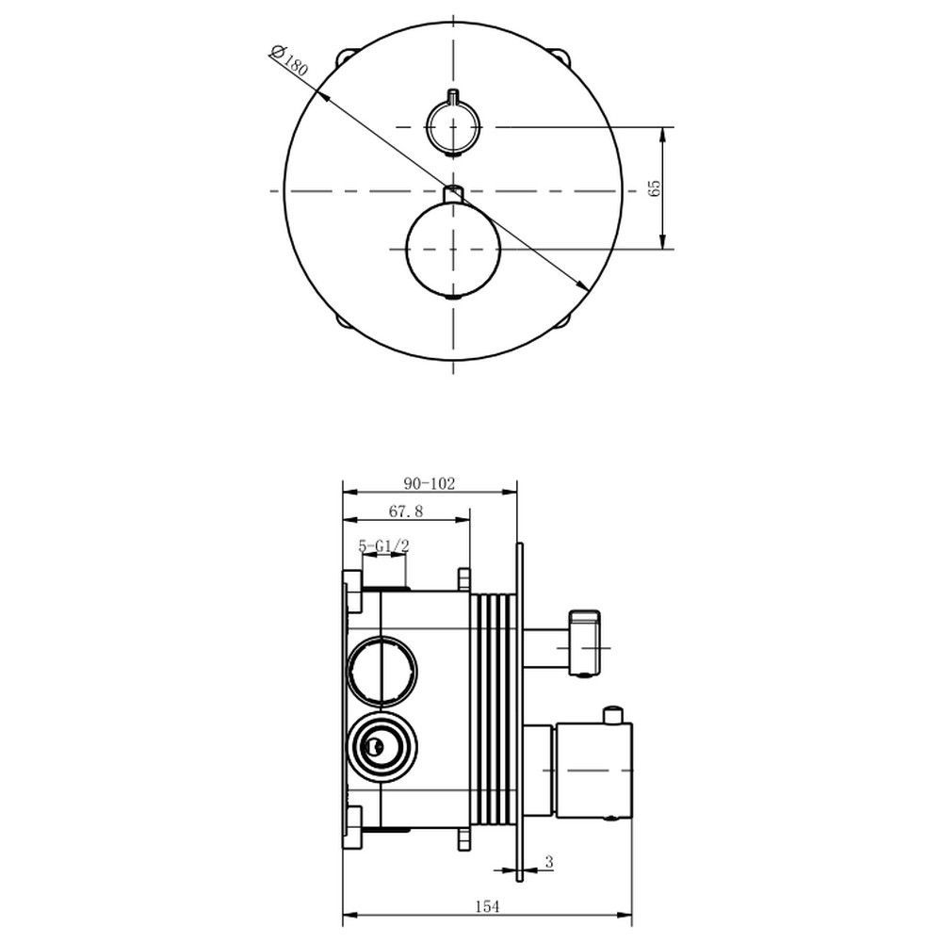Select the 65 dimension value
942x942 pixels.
655,188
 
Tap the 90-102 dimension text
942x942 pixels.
430,483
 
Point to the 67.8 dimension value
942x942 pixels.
406,512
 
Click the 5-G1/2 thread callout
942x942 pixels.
384,546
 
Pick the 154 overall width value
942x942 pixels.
487,906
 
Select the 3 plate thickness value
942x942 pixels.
548,862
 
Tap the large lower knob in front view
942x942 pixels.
454,249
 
